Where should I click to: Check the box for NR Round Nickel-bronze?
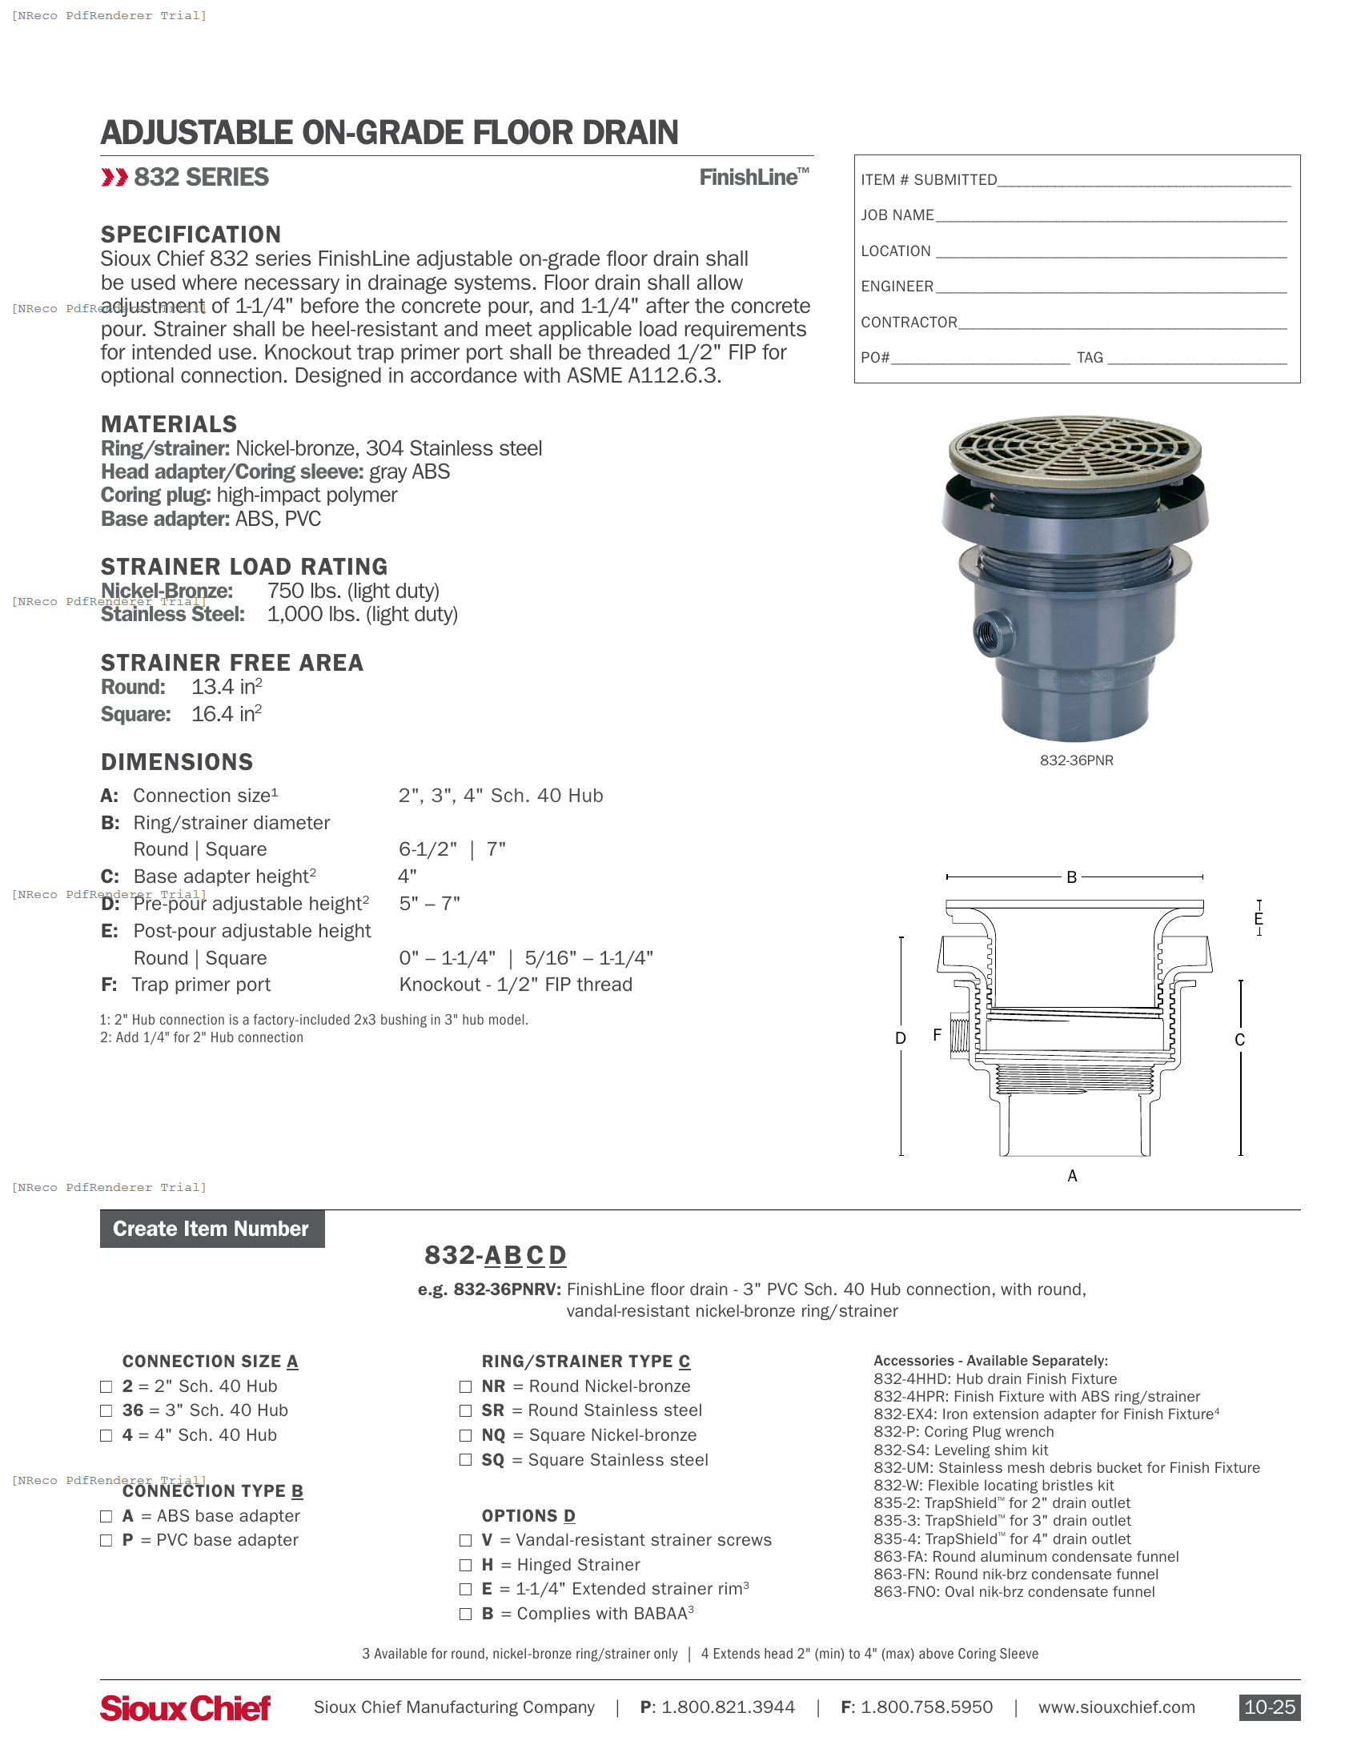465,1386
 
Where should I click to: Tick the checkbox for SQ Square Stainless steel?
465,1459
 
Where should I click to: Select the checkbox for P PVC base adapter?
106,1540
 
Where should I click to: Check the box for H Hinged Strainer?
465,1565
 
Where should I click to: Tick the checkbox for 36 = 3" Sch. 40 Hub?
106,1410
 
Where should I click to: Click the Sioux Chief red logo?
185,1707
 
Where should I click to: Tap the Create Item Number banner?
211,1228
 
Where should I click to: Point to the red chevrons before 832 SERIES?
114,178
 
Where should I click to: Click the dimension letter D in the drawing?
900,1038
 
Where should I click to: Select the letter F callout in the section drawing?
936,1034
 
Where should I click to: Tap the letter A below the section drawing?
1071,1176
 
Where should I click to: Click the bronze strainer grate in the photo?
1074,448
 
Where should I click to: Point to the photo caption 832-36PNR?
1075,760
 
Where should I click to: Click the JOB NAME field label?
897,215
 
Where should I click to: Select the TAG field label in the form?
1090,357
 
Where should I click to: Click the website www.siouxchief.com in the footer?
1116,1707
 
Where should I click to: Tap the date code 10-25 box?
1268,1707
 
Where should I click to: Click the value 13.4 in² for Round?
226,687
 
